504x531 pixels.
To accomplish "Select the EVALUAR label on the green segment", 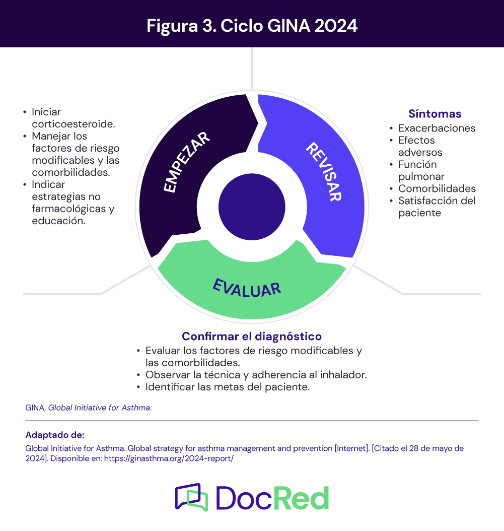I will [247, 288].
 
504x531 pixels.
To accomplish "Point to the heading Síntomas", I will [435, 113].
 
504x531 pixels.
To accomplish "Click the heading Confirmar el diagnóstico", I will [252, 336].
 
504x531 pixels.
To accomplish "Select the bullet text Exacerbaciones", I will [437, 128].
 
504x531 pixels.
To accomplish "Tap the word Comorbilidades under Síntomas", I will [437, 189].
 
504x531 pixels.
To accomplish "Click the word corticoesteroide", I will [73, 124].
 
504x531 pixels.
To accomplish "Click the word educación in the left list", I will [58, 221].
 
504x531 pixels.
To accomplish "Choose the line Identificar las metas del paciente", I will [227, 387].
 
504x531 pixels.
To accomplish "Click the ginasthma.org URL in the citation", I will [169, 459].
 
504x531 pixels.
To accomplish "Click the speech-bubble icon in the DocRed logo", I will [191, 497].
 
